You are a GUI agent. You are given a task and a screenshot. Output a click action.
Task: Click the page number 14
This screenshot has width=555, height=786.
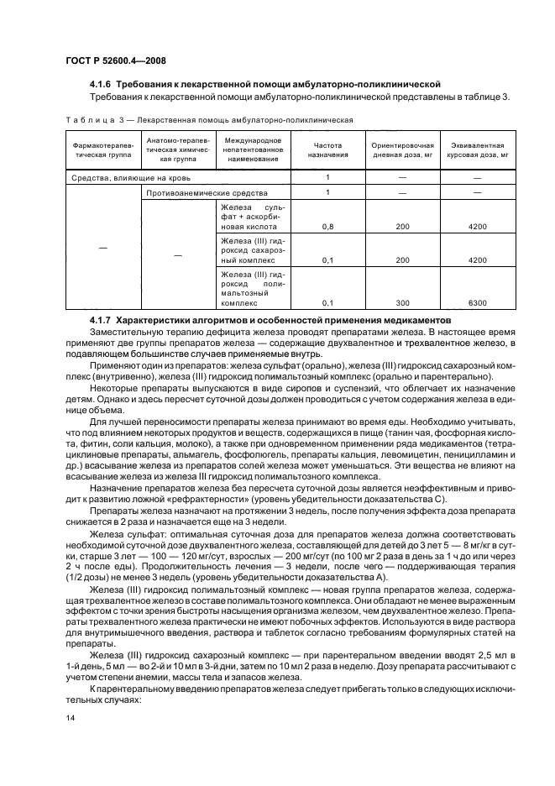pyautogui.click(x=71, y=717)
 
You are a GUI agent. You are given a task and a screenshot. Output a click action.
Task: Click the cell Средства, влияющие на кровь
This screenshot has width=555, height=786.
pyautogui.click(x=130, y=178)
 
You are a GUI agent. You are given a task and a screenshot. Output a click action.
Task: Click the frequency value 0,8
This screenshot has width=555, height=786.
pyautogui.click(x=327, y=227)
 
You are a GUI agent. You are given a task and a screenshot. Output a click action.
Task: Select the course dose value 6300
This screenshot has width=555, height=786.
pyautogui.click(x=478, y=302)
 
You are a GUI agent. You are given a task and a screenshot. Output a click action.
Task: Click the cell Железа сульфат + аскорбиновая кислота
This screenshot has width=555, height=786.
pyautogui.click(x=253, y=216)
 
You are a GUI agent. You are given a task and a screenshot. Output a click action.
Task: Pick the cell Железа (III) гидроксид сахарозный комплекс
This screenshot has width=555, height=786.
pyautogui.click(x=253, y=249)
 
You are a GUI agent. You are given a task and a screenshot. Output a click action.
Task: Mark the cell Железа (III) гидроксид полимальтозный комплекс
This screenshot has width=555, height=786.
pyautogui.click(x=253, y=287)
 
